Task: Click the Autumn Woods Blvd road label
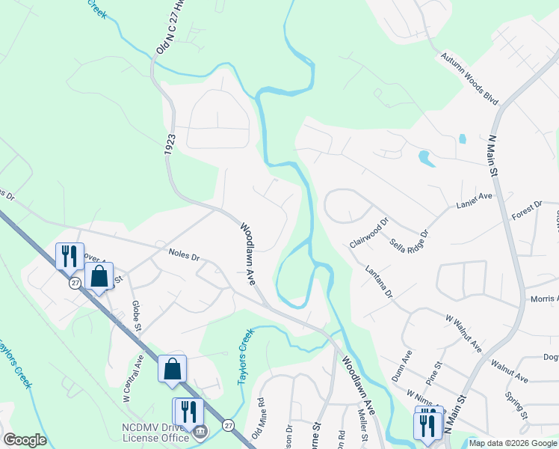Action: (469, 67)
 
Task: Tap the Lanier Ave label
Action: (475, 196)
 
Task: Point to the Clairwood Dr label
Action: (370, 233)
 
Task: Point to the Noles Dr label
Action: (184, 256)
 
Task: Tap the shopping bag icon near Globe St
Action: (99, 277)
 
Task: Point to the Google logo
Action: (25, 440)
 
